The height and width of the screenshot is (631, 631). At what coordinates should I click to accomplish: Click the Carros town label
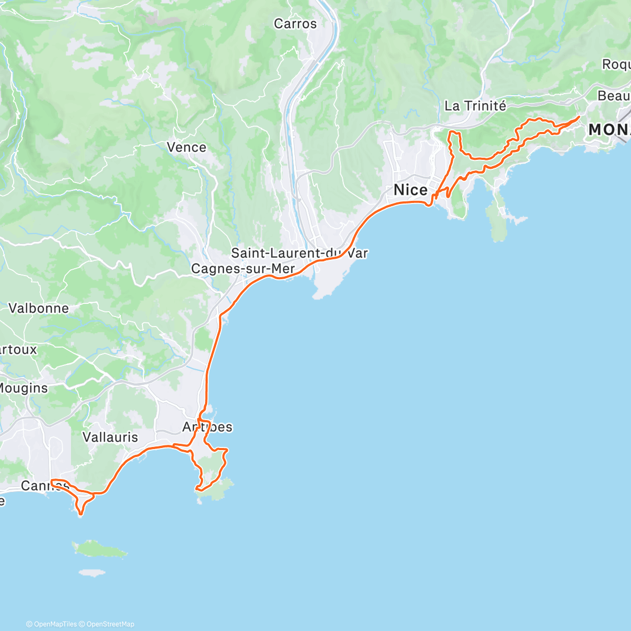(295, 24)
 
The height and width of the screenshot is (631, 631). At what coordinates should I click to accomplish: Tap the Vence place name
(186, 147)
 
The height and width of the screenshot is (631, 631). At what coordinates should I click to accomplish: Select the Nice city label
(411, 190)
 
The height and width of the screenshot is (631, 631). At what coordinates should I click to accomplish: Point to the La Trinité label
(475, 106)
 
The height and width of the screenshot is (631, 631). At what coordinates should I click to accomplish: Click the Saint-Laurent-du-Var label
(299, 253)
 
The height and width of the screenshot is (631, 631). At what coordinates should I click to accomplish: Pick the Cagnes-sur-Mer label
(242, 269)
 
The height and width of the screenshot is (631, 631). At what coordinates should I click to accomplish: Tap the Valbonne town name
(38, 308)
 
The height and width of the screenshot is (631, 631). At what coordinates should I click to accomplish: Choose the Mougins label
(23, 388)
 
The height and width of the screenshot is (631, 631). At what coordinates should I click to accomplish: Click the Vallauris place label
(110, 437)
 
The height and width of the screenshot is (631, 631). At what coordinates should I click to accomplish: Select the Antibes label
(207, 427)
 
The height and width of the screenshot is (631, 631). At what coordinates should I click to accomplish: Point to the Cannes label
(44, 485)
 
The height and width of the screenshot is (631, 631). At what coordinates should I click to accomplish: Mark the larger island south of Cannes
(100, 550)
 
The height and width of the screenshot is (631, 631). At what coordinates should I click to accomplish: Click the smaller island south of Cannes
(91, 572)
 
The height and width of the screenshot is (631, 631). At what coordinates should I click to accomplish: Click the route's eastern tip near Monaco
(579, 117)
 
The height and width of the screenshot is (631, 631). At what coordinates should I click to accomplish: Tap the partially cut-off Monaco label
(609, 129)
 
